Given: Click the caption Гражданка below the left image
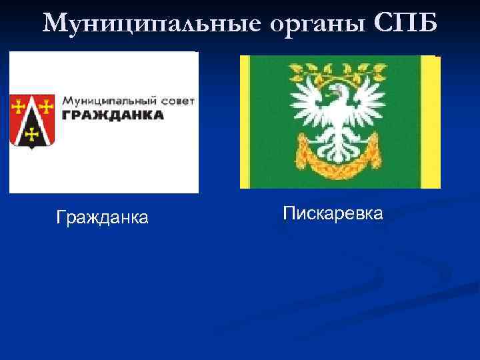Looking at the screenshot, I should pyautogui.click(x=103, y=217).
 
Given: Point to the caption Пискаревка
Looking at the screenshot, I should pyautogui.click(x=333, y=213).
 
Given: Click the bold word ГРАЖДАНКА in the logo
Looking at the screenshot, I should pyautogui.click(x=113, y=115).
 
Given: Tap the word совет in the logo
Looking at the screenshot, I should pyautogui.click(x=178, y=101).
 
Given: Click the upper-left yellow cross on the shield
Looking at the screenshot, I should pyautogui.click(x=18, y=105).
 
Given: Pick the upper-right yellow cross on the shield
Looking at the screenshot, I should pyautogui.click(x=47, y=105).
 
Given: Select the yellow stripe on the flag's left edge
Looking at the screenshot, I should pyautogui.click(x=245, y=122).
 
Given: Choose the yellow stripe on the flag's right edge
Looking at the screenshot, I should pyautogui.click(x=431, y=122).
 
